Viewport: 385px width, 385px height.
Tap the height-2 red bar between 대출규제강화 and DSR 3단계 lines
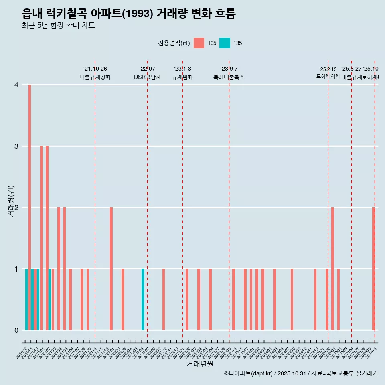(x=111, y=269)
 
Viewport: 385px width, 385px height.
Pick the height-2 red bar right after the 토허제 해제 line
(x=332, y=269)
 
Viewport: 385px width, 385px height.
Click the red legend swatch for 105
(x=199, y=43)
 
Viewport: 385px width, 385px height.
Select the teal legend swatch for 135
(x=225, y=43)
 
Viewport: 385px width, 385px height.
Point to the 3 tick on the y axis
(x=16, y=146)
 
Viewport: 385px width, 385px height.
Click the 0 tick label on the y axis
(x=16, y=330)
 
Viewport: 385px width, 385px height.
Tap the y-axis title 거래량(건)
(x=11, y=201)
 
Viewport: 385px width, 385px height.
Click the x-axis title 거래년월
(x=200, y=364)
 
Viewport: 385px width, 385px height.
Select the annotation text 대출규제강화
(x=95, y=77)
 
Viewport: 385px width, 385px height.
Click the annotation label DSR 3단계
(x=147, y=77)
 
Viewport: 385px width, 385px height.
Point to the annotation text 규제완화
(x=182, y=77)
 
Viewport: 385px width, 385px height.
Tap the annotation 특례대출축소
(x=229, y=77)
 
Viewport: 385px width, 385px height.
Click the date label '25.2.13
(x=328, y=69)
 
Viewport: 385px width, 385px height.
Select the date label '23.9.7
(x=229, y=69)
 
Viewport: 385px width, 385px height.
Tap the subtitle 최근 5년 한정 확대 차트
(x=58, y=26)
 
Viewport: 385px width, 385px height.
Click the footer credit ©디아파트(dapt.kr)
(x=249, y=373)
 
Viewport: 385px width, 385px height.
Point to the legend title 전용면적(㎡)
(x=174, y=43)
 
